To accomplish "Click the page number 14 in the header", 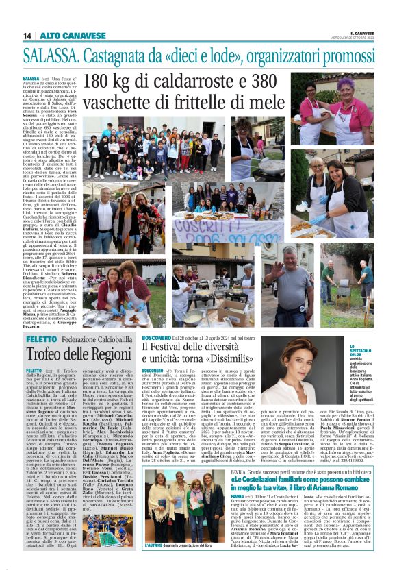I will pyautogui.click(x=27, y=36).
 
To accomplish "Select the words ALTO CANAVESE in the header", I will pyautogui.click(x=62, y=36).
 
